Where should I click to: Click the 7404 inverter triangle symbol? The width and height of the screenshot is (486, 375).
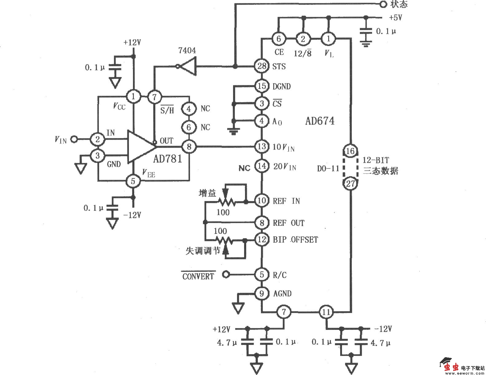[188, 67]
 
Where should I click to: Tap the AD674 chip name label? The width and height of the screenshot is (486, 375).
[320, 121]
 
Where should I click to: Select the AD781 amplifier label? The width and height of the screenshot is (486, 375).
[168, 159]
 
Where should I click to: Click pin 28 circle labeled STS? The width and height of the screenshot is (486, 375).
[262, 66]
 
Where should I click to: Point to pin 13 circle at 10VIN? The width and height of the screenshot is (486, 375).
[262, 147]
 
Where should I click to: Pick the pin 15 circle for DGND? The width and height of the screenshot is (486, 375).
[262, 86]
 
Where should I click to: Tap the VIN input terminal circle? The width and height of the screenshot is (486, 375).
[74, 140]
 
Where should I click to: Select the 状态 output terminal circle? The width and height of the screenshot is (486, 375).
[383, 4]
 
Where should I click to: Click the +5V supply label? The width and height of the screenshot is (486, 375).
[395, 18]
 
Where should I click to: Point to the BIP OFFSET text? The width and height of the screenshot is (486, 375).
[295, 240]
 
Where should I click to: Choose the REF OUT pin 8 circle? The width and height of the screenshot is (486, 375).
[262, 223]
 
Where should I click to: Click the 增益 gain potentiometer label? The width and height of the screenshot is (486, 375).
[208, 193]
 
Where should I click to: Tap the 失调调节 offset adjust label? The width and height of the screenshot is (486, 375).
[203, 251]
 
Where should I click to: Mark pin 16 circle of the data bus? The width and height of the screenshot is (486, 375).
[350, 151]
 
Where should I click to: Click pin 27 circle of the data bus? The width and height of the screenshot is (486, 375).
[350, 184]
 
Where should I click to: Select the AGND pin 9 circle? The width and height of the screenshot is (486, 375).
[262, 294]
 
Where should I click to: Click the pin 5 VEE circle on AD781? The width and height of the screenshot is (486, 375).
[133, 181]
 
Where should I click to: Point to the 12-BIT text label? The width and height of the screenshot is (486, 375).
[375, 160]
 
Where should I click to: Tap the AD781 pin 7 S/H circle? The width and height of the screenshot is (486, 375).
[154, 97]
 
